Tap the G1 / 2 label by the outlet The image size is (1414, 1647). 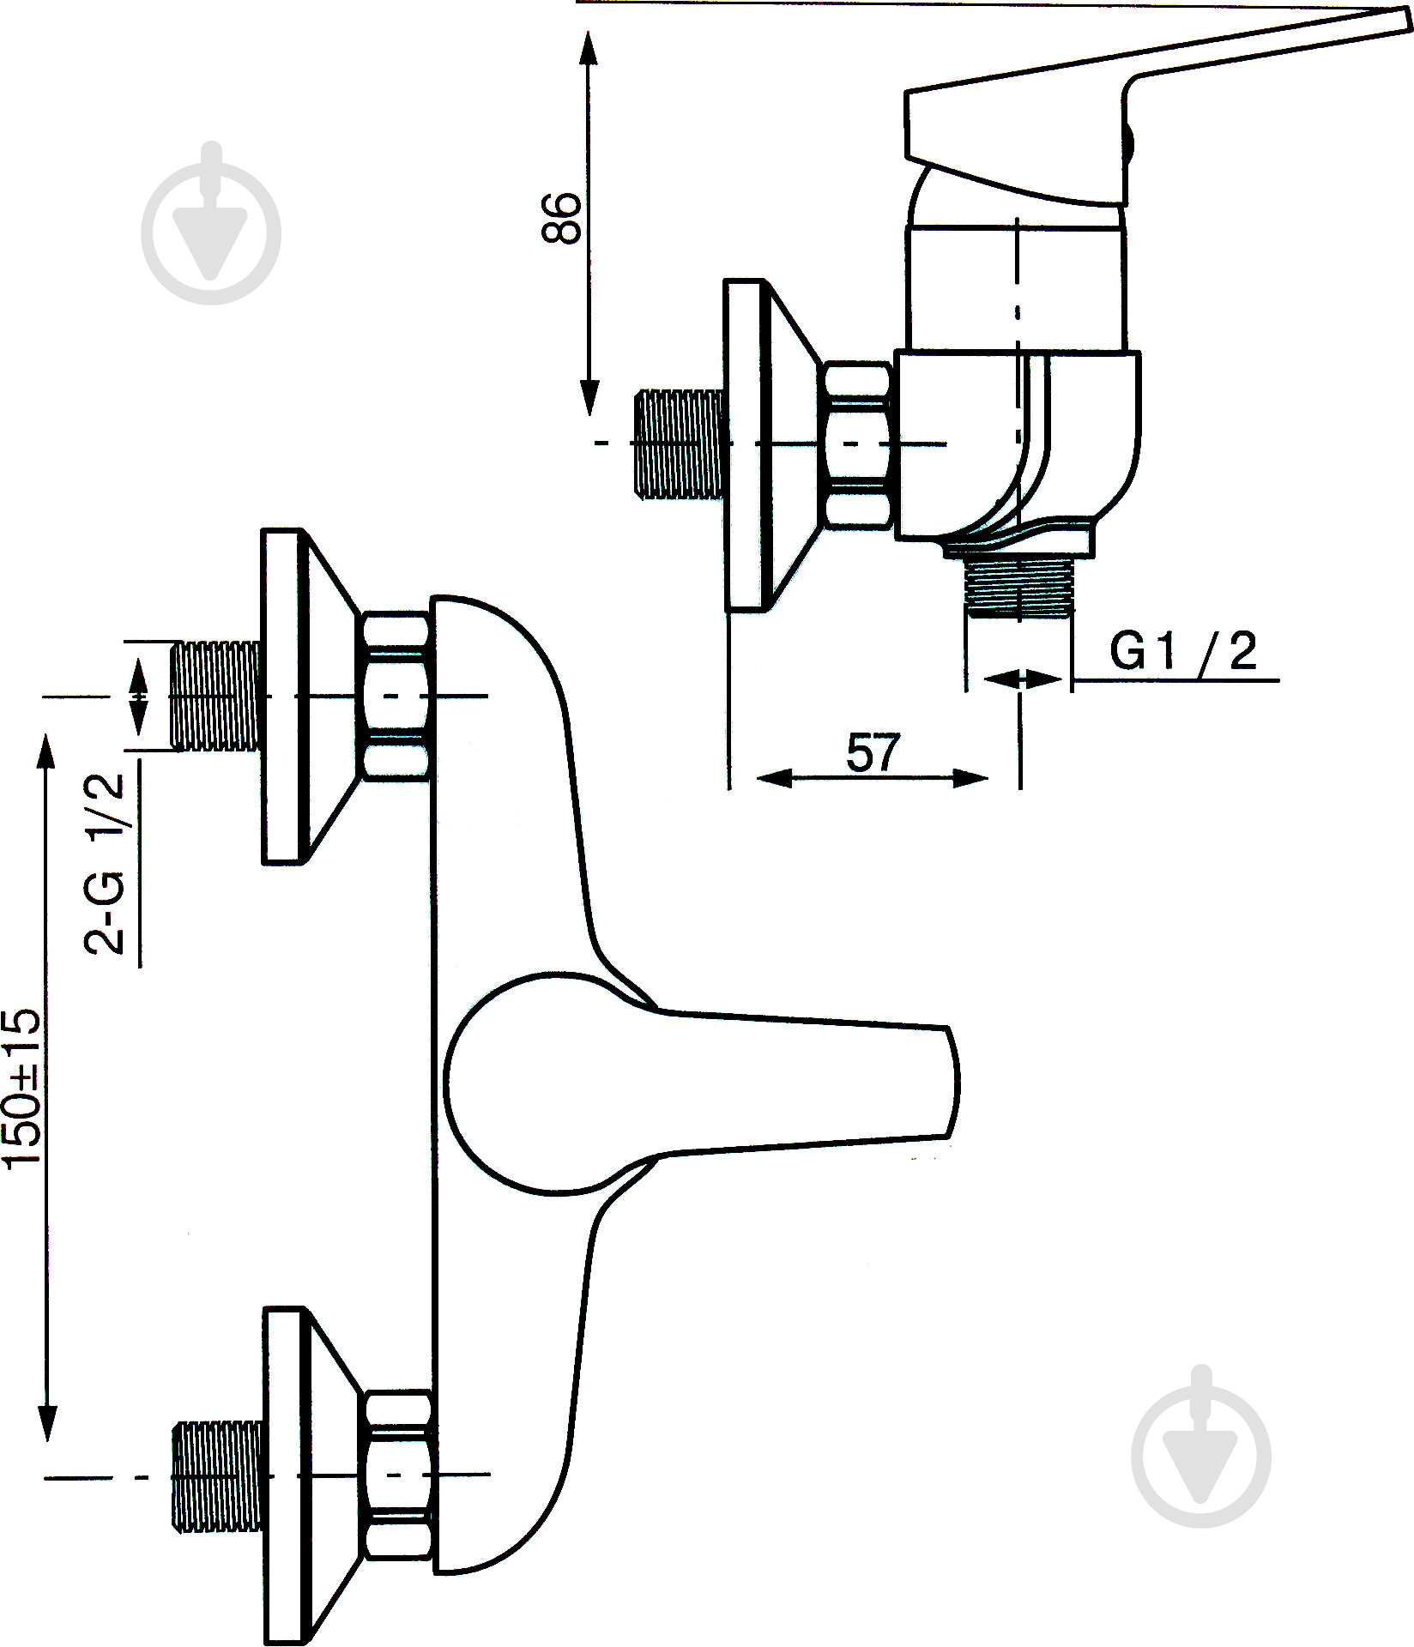point(1183,653)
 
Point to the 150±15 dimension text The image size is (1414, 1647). point(22,1089)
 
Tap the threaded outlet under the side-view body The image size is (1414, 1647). point(1018,586)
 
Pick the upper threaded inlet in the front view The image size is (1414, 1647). point(215,696)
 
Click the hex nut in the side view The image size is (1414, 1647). point(858,443)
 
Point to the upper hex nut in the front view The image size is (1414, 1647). point(396,697)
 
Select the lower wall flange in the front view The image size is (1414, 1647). point(300,1475)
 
